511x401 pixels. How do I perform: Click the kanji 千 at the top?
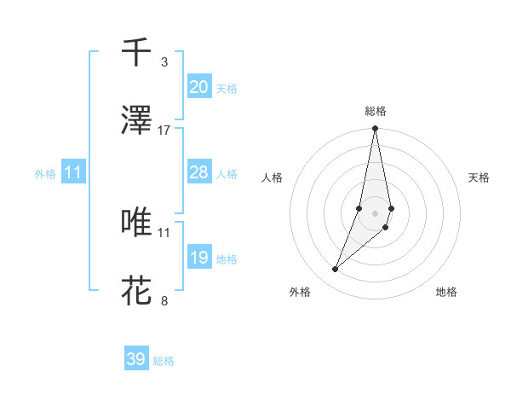[136, 53]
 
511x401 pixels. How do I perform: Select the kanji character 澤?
[136, 121]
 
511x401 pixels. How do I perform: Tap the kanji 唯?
[136, 223]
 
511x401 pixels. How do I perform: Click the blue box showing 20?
[198, 87]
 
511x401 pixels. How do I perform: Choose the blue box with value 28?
[198, 172]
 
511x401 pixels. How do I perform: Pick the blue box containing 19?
[198, 258]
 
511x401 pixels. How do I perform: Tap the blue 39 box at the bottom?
[136, 359]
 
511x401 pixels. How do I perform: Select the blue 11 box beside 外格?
[73, 172]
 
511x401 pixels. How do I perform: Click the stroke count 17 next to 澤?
[164, 130]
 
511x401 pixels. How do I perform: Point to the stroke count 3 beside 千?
[164, 61]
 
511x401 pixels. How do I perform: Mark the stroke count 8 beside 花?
[164, 299]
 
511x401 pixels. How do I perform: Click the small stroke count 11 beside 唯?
[164, 231]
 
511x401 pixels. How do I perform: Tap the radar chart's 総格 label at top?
[376, 111]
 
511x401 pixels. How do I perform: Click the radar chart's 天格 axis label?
[479, 177]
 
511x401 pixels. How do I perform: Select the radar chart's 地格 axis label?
[446, 292]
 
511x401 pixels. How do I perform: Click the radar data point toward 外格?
[336, 270]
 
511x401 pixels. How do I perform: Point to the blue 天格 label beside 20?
[226, 88]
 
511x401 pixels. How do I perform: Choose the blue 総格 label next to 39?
[164, 360]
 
